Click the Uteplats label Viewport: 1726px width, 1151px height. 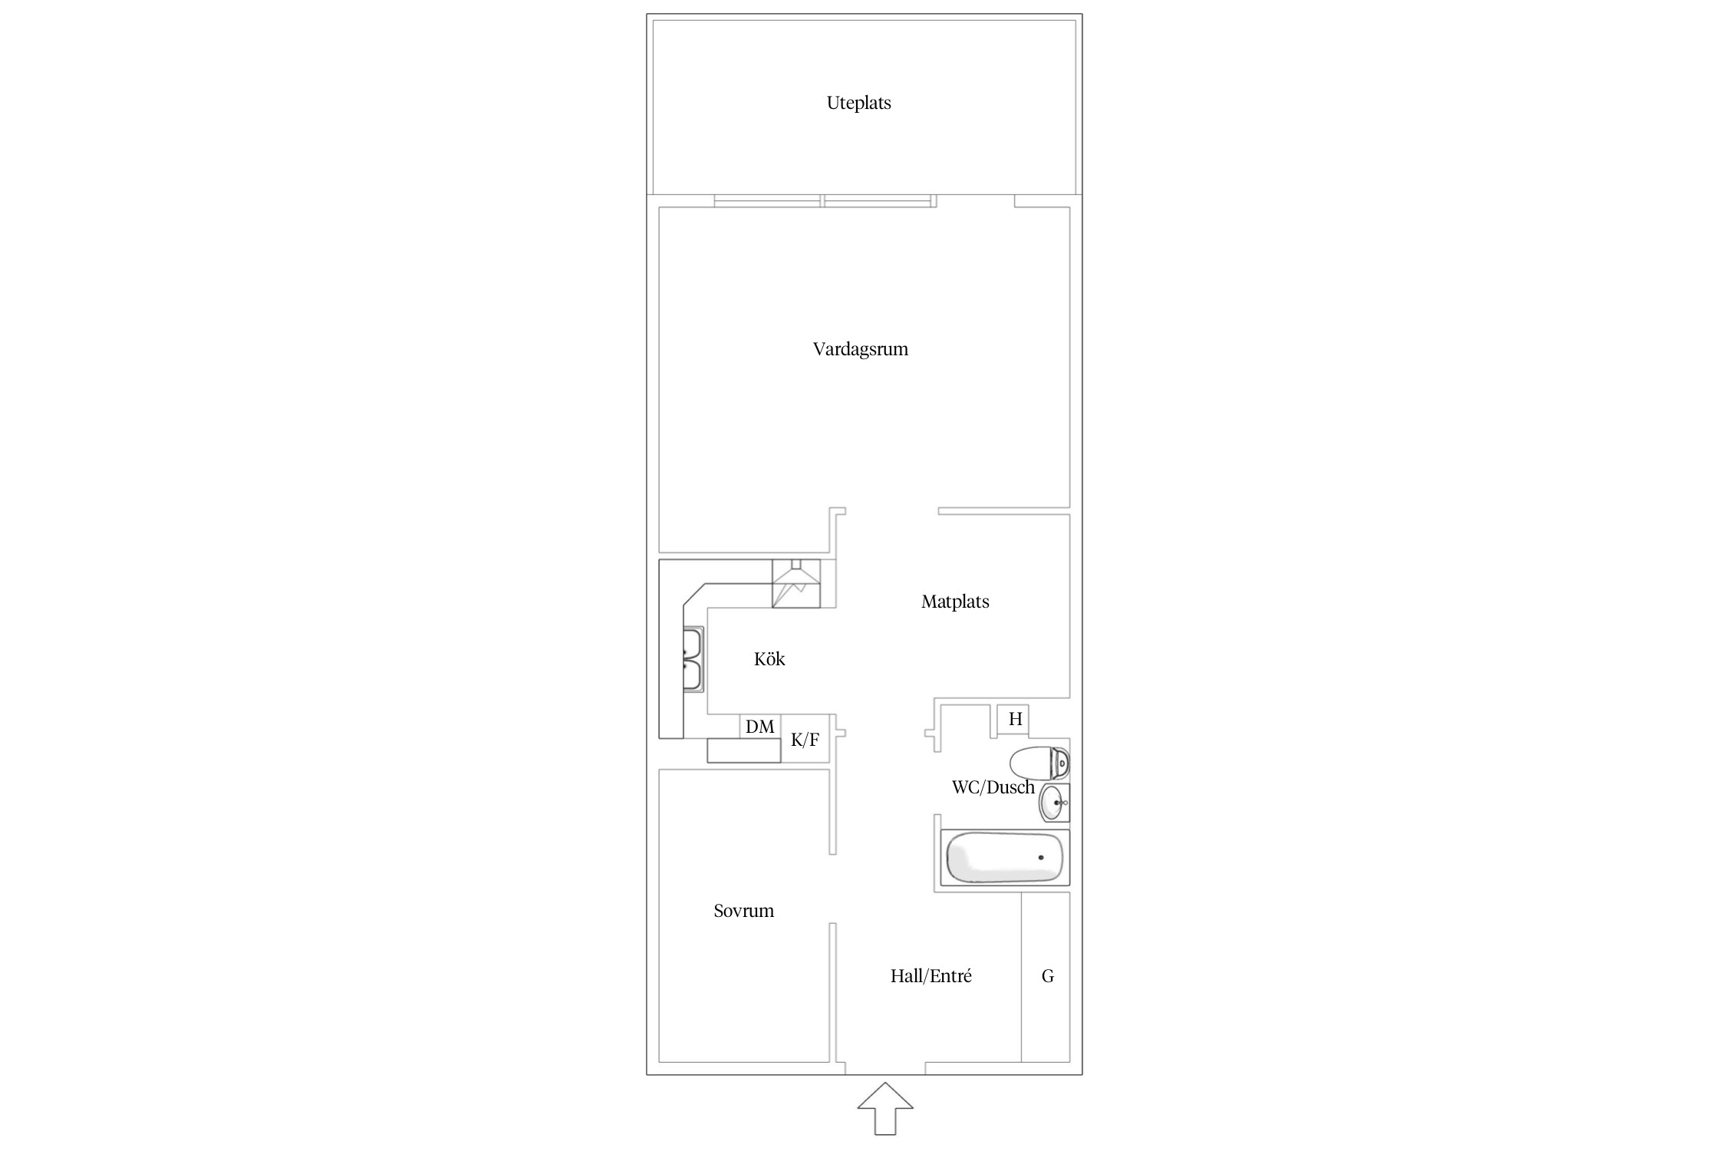pyautogui.click(x=858, y=103)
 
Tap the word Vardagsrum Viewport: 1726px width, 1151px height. pyautogui.click(x=860, y=349)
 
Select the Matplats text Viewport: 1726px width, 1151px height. pyautogui.click(x=955, y=602)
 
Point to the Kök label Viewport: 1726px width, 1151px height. pyautogui.click(x=769, y=659)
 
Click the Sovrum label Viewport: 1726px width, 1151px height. pyautogui.click(x=743, y=911)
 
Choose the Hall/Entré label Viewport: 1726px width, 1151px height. pyautogui.click(x=931, y=976)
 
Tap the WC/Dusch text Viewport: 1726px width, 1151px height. pyautogui.click(x=993, y=787)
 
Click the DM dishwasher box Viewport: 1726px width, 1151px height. pyautogui.click(x=760, y=727)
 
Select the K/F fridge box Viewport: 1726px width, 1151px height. pyautogui.click(x=805, y=740)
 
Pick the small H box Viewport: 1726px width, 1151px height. pyautogui.click(x=1013, y=720)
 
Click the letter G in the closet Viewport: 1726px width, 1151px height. pyautogui.click(x=1047, y=976)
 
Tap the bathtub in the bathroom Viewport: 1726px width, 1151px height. pyautogui.click(x=1005, y=857)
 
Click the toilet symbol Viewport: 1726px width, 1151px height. pyautogui.click(x=1039, y=763)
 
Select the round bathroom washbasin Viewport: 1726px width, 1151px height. pyautogui.click(x=1054, y=803)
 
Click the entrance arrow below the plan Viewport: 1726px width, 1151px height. pyautogui.click(x=885, y=1108)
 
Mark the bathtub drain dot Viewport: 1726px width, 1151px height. pyautogui.click(x=1041, y=857)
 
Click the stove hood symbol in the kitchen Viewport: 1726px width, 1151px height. pyautogui.click(x=795, y=583)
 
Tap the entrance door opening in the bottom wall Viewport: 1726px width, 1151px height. pyautogui.click(x=885, y=1068)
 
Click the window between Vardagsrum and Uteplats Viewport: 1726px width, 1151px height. pyautogui.click(x=825, y=201)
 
